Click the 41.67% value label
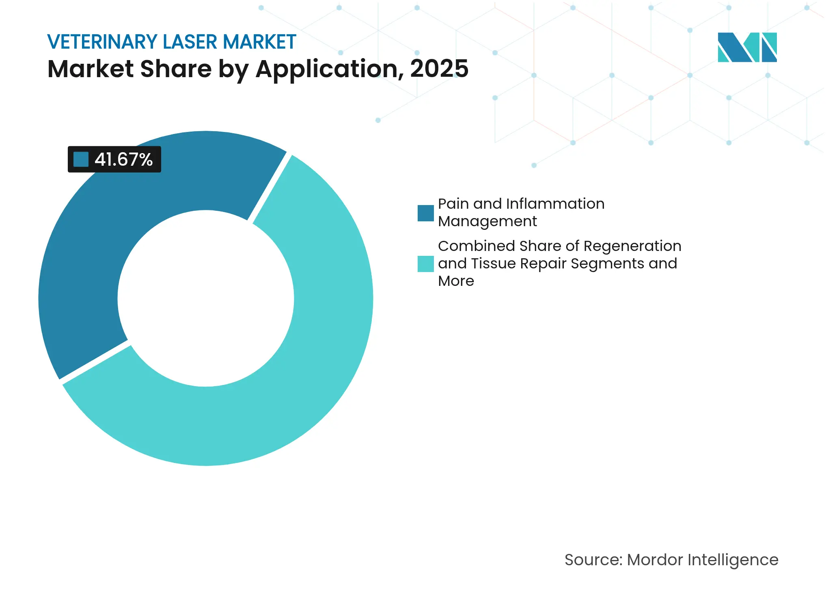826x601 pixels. tap(123, 160)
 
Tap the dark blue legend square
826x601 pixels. tap(425, 213)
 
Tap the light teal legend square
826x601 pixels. tap(425, 264)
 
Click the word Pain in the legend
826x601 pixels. tap(453, 204)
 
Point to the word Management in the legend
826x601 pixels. tap(487, 222)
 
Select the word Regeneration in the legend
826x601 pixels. tap(632, 246)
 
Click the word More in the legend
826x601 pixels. tap(456, 281)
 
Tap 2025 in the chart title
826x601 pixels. tap(439, 69)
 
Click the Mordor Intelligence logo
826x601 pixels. tap(747, 48)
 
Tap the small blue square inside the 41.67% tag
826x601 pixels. tap(81, 160)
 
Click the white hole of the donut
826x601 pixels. tap(206, 298)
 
